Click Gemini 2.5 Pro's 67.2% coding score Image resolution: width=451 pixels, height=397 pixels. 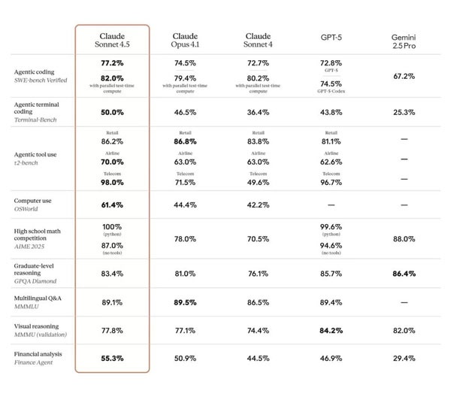(x=404, y=76)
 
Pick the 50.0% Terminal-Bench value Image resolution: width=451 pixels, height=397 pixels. (x=112, y=111)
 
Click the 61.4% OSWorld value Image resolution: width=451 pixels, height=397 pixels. (x=112, y=205)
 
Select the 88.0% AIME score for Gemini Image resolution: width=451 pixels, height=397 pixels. (x=404, y=239)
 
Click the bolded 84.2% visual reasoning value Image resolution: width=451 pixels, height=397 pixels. (x=331, y=329)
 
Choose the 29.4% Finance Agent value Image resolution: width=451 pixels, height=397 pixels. (x=404, y=358)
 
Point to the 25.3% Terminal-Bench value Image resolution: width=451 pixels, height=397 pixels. (x=404, y=111)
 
